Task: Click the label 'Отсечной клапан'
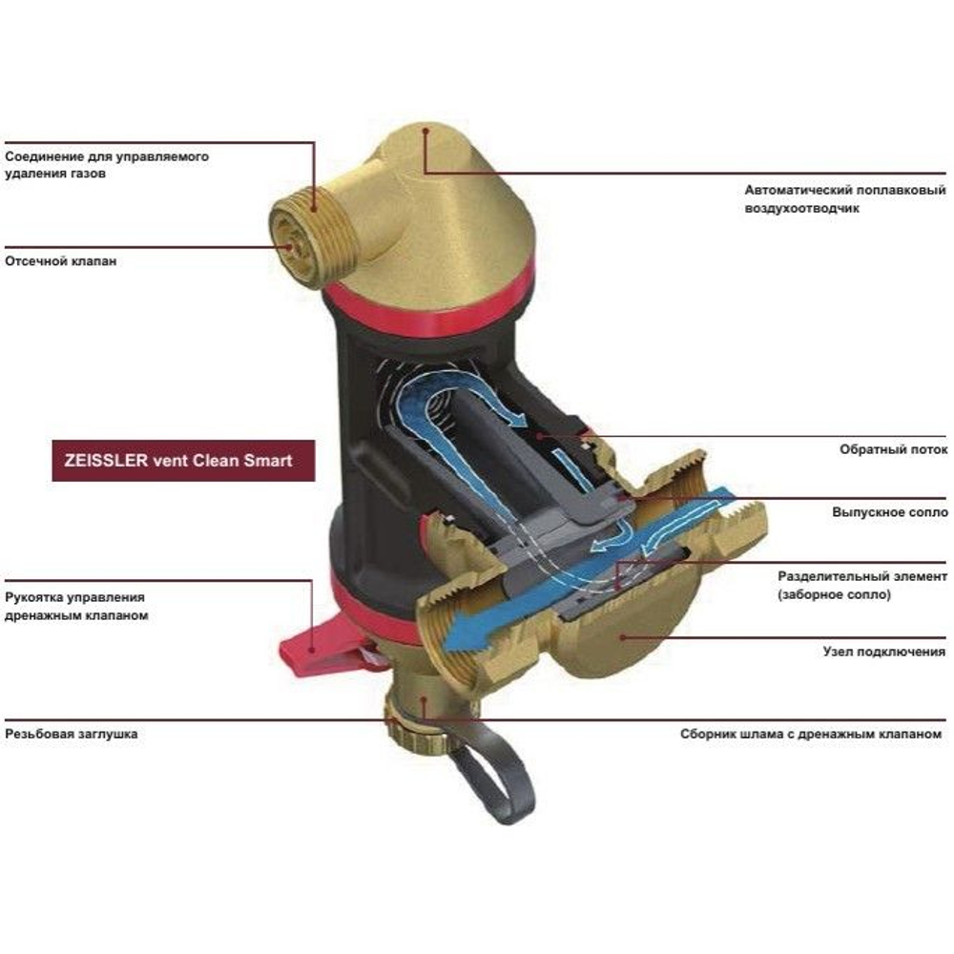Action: [61, 261]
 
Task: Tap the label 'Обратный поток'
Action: [893, 449]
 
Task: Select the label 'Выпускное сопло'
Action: [890, 512]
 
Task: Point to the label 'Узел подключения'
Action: [884, 652]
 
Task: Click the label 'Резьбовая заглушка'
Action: [72, 734]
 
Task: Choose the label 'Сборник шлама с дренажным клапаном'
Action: [811, 735]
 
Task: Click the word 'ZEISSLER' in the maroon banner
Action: [106, 461]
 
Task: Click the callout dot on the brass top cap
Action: [426, 130]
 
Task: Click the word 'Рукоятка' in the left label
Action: [32, 598]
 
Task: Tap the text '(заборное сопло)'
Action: [834, 594]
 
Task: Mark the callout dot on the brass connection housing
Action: [622, 637]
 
